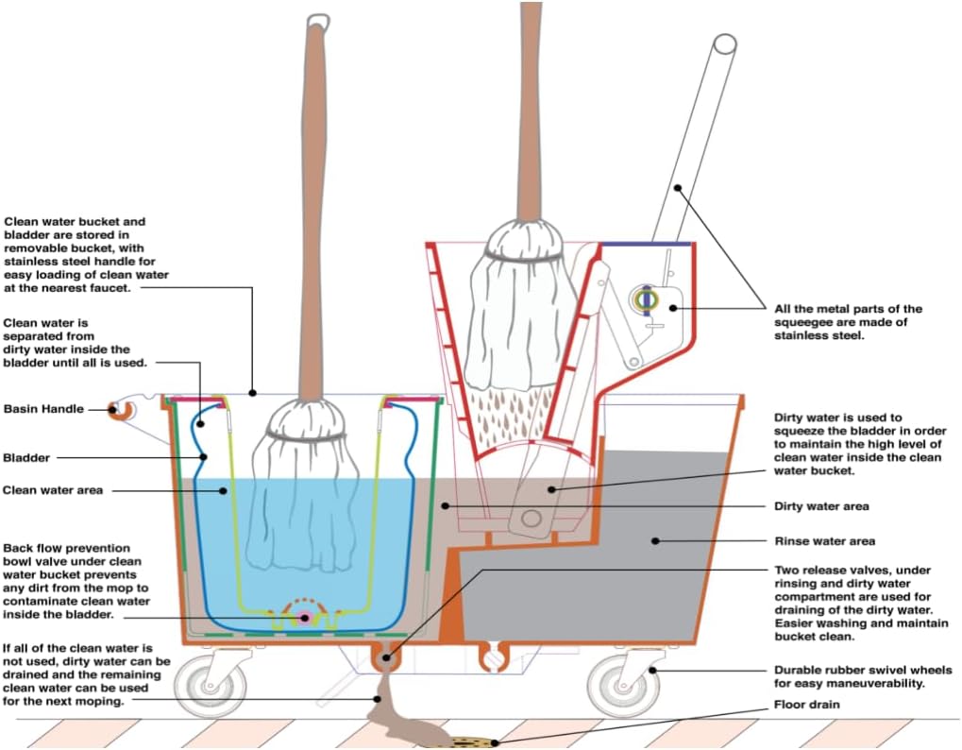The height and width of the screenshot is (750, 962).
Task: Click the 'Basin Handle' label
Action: [43, 409]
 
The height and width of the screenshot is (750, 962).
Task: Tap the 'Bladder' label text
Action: [26, 458]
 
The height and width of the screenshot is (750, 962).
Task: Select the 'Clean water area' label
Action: [53, 490]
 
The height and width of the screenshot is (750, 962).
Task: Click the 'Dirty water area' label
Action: [820, 507]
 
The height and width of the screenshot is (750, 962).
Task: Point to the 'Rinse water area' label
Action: [824, 541]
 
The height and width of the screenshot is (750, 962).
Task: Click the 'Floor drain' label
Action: [806, 705]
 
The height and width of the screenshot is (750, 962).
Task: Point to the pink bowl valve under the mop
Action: [305, 617]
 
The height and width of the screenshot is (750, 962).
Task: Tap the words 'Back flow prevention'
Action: [67, 548]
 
